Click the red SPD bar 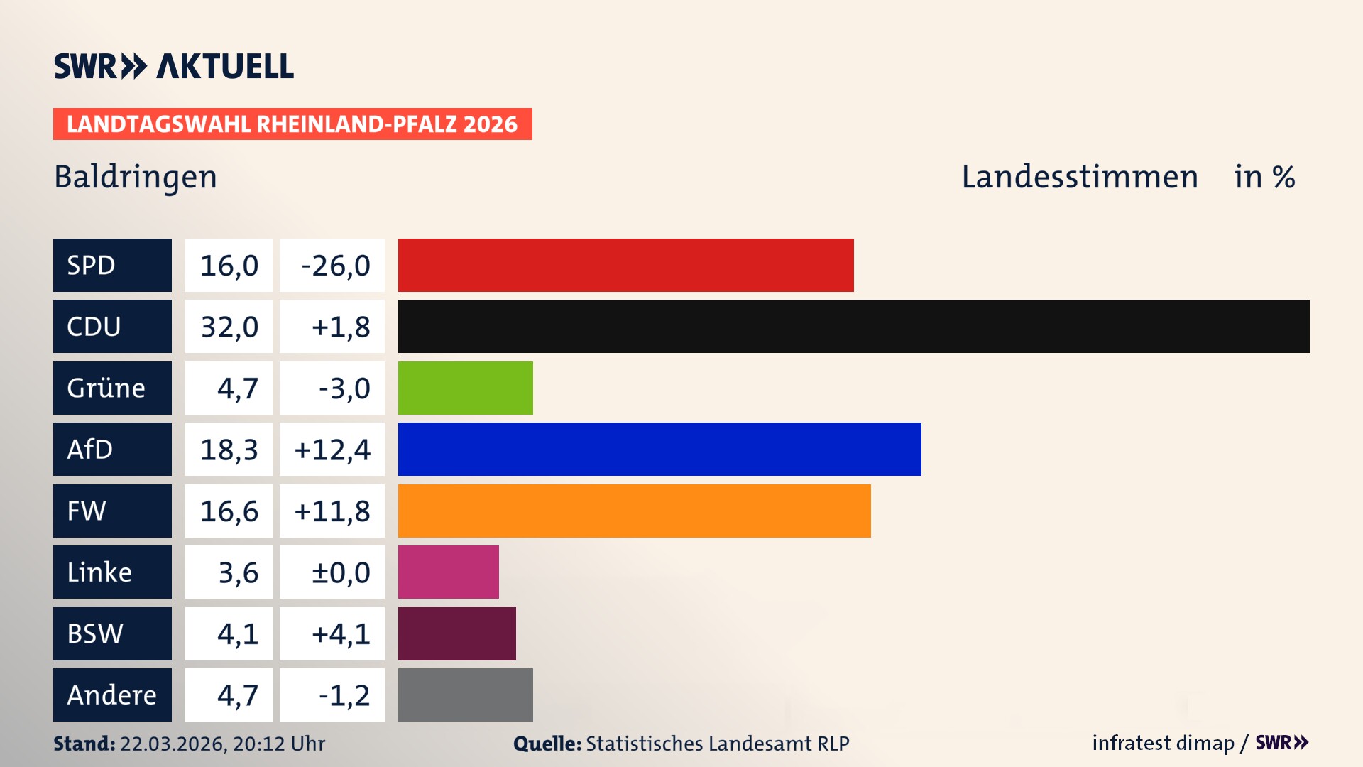tap(625, 265)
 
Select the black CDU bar tap(853, 326)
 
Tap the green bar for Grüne tap(465, 388)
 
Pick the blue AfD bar tap(659, 449)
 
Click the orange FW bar tap(634, 511)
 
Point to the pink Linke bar tap(448, 572)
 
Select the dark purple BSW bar tap(456, 633)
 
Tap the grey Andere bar tap(465, 695)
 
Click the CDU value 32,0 tap(229, 327)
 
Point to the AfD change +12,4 tap(332, 450)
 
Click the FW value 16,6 tap(229, 511)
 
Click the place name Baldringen tap(136, 177)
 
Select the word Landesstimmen tap(1079, 177)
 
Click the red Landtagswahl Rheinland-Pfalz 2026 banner tap(292, 124)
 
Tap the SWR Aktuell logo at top tap(174, 66)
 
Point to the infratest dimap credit tap(1163, 743)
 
